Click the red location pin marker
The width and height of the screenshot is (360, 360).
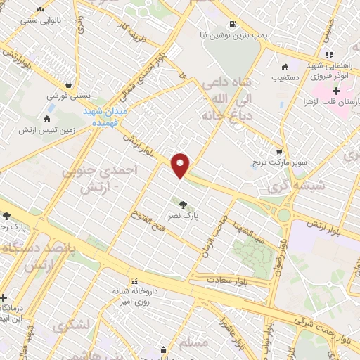(x=181, y=164)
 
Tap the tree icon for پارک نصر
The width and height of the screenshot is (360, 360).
(x=183, y=204)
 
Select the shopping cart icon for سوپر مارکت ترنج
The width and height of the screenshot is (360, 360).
(x=279, y=152)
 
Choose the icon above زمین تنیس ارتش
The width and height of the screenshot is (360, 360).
(x=47, y=118)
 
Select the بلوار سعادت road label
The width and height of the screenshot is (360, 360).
(x=226, y=280)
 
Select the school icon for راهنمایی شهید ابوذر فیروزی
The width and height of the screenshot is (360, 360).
(x=328, y=56)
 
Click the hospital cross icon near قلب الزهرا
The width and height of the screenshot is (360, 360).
(x=336, y=91)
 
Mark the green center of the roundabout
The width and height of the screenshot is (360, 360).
(x=285, y=216)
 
